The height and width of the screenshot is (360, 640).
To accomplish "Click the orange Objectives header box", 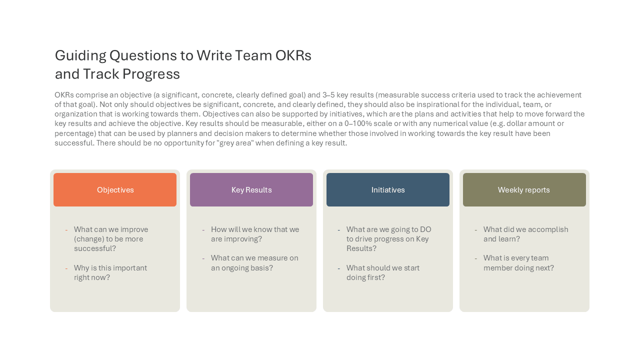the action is [x=115, y=189].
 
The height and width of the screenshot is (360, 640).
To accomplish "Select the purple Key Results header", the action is [x=251, y=189].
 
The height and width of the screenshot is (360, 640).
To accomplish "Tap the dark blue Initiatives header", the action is [x=388, y=189].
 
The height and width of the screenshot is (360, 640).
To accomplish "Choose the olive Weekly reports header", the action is [x=524, y=189].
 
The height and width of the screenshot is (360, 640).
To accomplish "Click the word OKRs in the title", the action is [x=293, y=55].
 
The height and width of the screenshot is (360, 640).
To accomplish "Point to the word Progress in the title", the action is [x=151, y=74].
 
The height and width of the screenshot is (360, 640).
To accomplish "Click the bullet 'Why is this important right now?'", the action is [x=110, y=272].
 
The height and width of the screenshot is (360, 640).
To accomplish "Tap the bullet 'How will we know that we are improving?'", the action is [x=255, y=234].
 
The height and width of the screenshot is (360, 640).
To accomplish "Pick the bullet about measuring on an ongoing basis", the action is [x=254, y=263].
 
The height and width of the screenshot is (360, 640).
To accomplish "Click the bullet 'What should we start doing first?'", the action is [x=383, y=272].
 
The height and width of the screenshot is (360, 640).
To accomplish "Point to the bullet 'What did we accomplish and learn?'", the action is [x=525, y=234].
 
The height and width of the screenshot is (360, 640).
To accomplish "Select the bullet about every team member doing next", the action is [x=518, y=263].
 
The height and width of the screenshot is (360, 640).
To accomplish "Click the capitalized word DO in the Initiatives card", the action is [x=425, y=229].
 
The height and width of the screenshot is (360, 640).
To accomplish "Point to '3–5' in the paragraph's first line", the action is [x=328, y=95].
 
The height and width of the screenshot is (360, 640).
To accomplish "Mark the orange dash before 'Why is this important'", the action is [x=66, y=268].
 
